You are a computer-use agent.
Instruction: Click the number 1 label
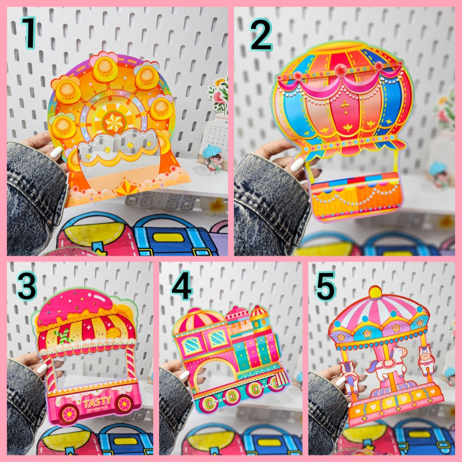(29, 33)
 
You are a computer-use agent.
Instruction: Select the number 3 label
(27, 286)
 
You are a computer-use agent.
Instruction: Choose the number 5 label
(325, 286)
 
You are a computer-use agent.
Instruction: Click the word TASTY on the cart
(98, 402)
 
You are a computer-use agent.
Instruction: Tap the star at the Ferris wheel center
(114, 122)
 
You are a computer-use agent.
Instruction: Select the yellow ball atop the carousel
(375, 292)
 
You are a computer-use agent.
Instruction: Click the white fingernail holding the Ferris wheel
(56, 152)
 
